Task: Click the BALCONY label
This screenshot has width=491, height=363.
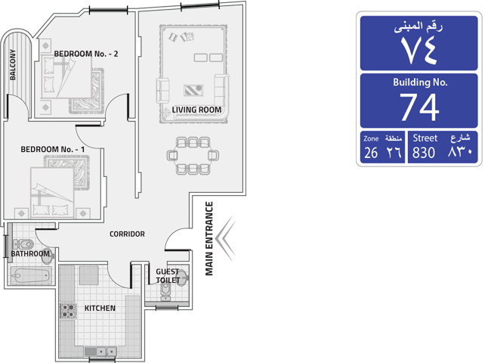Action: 13,64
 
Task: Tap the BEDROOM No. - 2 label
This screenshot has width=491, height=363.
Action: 86,54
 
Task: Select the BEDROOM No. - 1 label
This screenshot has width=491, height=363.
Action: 53,149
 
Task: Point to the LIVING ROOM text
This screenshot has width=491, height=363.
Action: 196,110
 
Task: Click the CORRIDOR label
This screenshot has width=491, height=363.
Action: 127,234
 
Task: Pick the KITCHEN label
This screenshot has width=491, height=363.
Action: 100,308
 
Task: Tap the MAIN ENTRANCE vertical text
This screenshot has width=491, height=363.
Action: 209,238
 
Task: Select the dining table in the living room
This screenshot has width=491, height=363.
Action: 193,156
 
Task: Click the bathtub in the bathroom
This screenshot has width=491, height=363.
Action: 31,275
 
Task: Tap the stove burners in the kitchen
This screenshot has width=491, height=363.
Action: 68,310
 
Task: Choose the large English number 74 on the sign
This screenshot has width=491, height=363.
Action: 419,107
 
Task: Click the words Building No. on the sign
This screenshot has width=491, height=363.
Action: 420,82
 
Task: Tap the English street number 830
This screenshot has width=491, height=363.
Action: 424,153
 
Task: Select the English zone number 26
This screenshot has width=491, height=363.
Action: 371,153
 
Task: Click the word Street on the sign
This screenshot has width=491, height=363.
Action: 425,138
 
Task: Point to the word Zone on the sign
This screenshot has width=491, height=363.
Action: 371,138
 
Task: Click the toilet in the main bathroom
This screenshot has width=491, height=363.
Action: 23,244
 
